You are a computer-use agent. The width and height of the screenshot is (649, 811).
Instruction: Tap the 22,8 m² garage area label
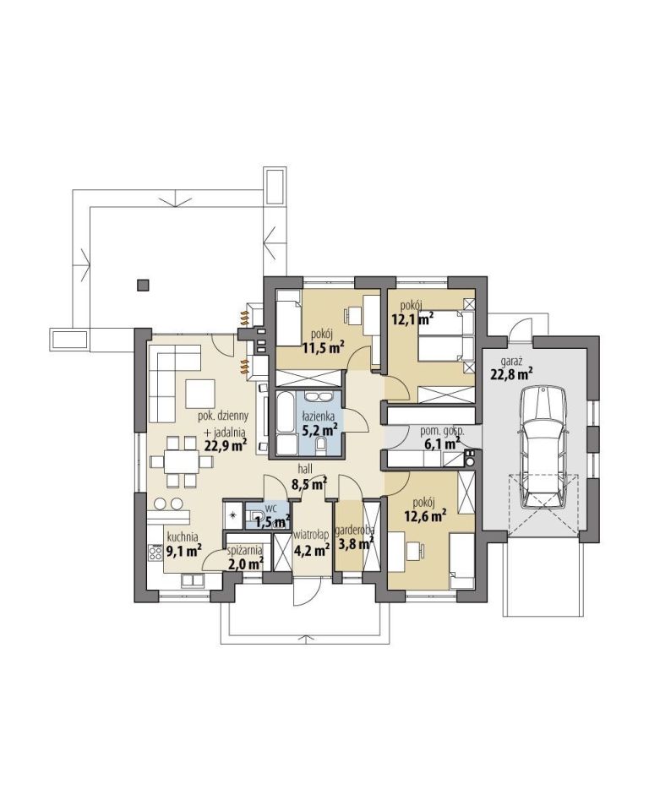(x=512, y=373)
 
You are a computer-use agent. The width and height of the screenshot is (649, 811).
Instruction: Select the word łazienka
(x=319, y=416)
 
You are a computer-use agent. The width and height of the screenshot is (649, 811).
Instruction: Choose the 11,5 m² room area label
(x=324, y=348)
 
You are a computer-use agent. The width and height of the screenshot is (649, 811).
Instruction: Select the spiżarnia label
(x=245, y=551)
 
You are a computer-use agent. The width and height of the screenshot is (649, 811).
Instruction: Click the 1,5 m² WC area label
(x=272, y=522)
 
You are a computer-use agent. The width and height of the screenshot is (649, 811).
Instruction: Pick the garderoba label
(x=355, y=531)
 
